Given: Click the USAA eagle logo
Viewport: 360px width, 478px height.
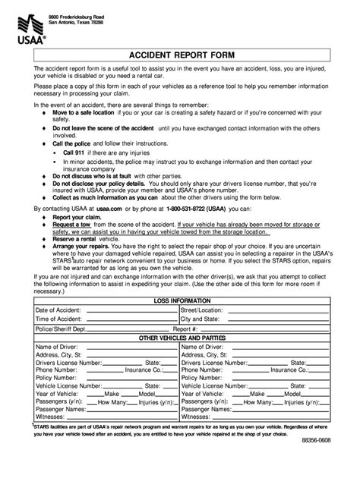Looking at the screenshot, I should [x=28, y=25].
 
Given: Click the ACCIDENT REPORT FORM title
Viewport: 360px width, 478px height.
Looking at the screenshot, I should [x=180, y=56].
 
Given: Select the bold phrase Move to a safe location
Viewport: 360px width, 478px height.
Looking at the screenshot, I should [x=83, y=112].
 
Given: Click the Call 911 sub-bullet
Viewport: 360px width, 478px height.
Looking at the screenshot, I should [x=76, y=153].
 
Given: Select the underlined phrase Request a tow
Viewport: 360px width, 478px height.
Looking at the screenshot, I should [x=72, y=225].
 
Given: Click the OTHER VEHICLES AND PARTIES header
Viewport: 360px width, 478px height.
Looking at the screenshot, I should [x=179, y=338].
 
